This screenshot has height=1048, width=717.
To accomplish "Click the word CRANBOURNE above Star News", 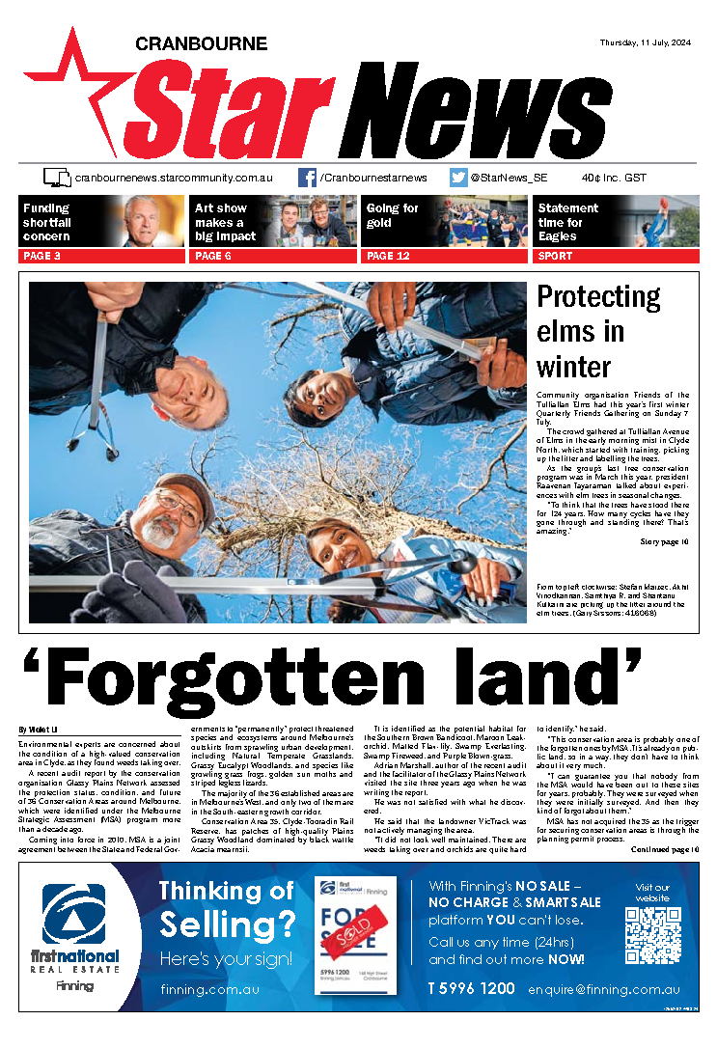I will point(201,43).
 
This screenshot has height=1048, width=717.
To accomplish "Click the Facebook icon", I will point(307,178).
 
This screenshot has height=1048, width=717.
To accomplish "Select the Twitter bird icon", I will point(459,178).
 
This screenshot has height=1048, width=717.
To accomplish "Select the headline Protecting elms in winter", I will point(599,331).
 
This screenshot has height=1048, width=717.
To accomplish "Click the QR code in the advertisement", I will point(652,929).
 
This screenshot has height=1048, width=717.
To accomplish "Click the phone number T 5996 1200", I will point(471,989).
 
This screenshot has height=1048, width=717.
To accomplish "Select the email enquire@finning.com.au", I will point(603,989).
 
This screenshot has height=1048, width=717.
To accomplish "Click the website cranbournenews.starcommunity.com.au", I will point(174,178).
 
